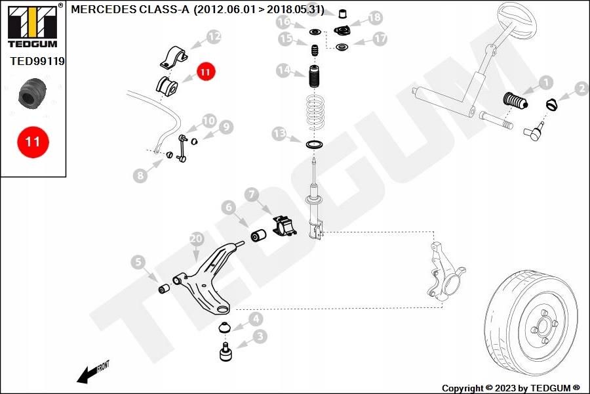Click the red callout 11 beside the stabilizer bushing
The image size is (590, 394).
click(x=205, y=72)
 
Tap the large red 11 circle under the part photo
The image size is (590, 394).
click(x=33, y=142)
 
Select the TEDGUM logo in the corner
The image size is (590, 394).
click(x=33, y=26)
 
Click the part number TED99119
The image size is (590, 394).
click(x=37, y=61)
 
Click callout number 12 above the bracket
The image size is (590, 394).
click(x=214, y=37)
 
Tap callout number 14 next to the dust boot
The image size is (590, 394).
click(x=284, y=70)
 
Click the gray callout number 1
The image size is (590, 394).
click(x=545, y=83)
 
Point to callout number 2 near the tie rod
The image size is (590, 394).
click(x=581, y=89)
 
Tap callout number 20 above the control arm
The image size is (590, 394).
click(x=197, y=238)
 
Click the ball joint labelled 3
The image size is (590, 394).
click(x=226, y=352)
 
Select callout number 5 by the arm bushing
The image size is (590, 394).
click(x=138, y=262)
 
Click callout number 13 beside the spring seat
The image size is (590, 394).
click(x=279, y=133)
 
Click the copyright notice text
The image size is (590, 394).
click(x=511, y=388)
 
